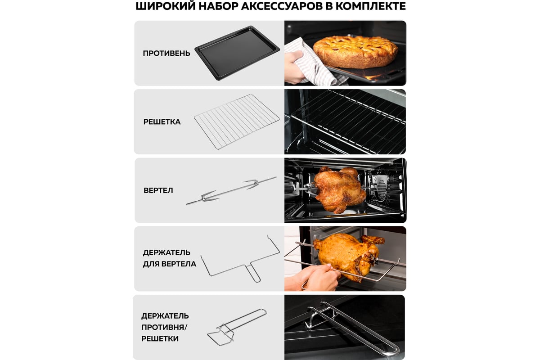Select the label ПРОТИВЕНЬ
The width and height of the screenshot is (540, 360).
pos(166,53)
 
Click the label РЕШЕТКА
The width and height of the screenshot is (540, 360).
pos(162,122)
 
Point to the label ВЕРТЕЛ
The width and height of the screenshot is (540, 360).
pos(158,190)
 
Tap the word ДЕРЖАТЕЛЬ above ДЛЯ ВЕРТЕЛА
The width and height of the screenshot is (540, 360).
pos(166,252)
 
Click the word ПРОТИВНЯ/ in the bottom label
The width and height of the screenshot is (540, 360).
pos(164,327)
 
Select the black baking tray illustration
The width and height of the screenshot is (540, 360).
pos(237,53)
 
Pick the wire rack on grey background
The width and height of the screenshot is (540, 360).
pos(237,121)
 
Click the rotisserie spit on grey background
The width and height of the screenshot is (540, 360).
pos(231,190)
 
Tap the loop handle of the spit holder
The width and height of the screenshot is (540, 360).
pos(254,273)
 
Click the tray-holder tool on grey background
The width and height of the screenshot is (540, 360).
pos(237,327)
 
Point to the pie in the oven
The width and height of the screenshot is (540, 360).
pos(355,52)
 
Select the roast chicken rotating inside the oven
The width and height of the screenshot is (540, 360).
pos(339,189)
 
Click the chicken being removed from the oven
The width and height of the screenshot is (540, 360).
pos(347,256)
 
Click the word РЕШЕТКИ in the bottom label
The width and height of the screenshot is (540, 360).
pos(160,338)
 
